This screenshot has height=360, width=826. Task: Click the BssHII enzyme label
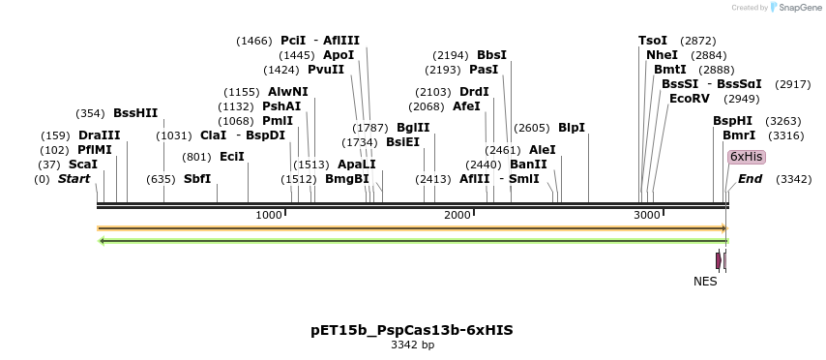coord(135,113)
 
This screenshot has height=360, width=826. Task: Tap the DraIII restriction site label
coord(100,135)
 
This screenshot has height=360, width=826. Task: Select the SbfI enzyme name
coord(197,179)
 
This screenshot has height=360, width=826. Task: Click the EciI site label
coord(232,157)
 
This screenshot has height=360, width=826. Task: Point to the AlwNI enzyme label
coord(288,92)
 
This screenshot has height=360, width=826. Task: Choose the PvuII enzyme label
coord(326,70)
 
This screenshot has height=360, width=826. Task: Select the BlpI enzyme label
coord(572,128)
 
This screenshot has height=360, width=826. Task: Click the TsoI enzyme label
coord(653,41)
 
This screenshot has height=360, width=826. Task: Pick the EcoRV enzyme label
coord(689,99)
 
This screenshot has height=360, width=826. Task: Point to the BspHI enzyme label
coord(732,121)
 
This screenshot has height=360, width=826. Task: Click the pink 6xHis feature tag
coord(746,157)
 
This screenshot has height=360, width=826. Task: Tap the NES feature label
coord(706,282)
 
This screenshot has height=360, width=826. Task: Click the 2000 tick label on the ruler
coord(457,215)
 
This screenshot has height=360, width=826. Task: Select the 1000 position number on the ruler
coord(269,215)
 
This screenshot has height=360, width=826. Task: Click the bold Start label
coord(74,179)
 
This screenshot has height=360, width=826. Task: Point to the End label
coord(751,179)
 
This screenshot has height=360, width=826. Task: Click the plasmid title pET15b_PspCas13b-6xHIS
coord(412,330)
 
